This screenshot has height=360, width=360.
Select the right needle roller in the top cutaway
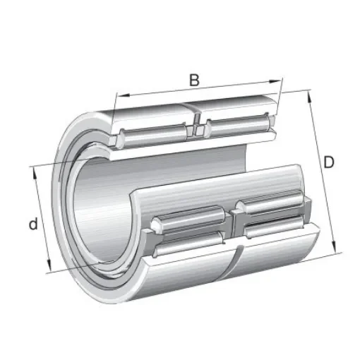click(236, 126)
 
